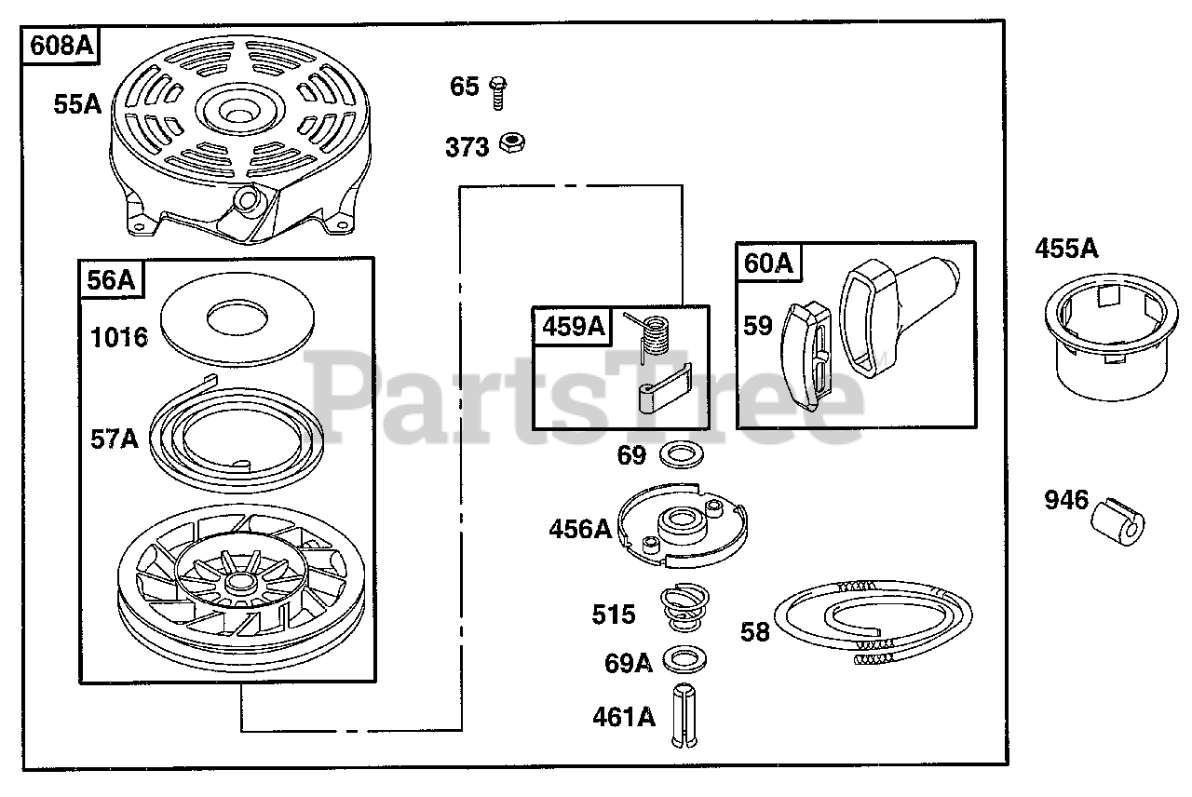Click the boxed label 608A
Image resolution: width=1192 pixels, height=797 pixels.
point(62,47)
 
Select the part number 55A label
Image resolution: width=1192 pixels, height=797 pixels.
point(76,104)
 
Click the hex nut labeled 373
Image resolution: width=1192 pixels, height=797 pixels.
point(510,143)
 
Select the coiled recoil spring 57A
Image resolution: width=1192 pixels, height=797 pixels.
point(237,435)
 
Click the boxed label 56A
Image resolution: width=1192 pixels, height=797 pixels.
point(112,279)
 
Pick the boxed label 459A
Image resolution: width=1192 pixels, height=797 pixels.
point(569,326)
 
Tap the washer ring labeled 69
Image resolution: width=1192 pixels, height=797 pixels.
point(681,456)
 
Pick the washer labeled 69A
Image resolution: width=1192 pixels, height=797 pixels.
point(684,659)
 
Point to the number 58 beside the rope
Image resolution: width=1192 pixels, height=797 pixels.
point(755,632)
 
